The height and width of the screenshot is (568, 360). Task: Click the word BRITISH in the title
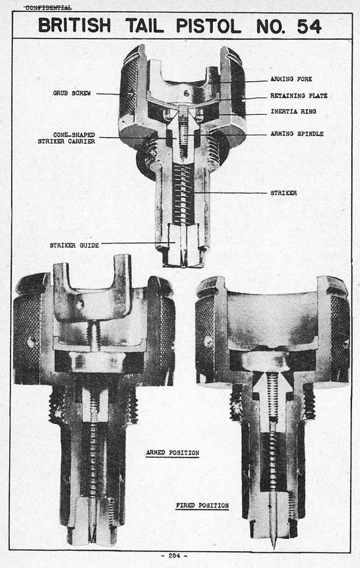click(x=74, y=26)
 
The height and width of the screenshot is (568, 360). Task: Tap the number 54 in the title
click(x=309, y=26)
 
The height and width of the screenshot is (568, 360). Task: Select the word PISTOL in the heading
click(x=209, y=26)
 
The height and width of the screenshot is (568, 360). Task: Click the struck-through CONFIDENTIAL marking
click(x=48, y=7)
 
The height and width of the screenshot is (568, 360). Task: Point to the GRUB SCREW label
click(x=72, y=93)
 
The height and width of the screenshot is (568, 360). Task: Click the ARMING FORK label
click(x=291, y=79)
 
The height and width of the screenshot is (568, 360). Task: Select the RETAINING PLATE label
click(x=299, y=96)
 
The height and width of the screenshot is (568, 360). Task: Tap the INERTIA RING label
click(x=293, y=112)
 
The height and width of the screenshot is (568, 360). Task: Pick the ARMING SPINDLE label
click(x=297, y=134)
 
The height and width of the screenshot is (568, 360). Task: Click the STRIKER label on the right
click(x=284, y=193)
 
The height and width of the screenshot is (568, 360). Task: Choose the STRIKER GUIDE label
click(x=74, y=245)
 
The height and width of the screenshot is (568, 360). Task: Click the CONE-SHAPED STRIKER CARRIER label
click(x=67, y=138)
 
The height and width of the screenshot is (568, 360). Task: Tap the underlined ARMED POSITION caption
click(x=173, y=453)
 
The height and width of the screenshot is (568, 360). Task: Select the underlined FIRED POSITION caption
click(x=203, y=505)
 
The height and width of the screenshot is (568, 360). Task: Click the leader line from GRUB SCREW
click(x=107, y=94)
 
